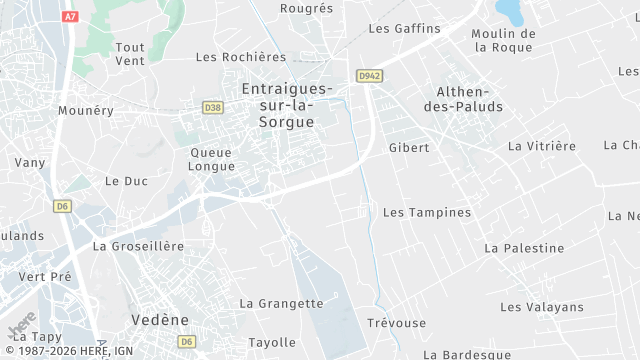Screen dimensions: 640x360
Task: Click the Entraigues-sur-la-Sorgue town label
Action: (278, 105)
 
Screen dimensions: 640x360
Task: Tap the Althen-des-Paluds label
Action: (470, 97)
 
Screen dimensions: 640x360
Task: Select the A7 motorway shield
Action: (70, 17)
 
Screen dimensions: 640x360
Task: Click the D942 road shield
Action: (369, 75)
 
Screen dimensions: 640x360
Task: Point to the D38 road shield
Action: (212, 107)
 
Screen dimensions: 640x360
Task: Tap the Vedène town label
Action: (159, 319)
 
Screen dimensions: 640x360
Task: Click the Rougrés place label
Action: (307, 8)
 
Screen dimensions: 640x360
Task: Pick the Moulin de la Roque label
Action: (503, 40)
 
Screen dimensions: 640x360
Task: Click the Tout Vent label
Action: (130, 54)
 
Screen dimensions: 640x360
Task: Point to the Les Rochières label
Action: (241, 57)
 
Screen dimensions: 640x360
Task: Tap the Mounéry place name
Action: (86, 110)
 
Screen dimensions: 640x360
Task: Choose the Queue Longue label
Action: (211, 159)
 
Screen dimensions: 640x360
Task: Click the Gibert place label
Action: (408, 147)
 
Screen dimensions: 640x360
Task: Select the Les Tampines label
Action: (427, 212)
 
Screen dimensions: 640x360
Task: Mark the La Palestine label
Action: (524, 248)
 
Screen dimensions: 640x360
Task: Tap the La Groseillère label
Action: (138, 245)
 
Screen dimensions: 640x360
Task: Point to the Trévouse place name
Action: (396, 323)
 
